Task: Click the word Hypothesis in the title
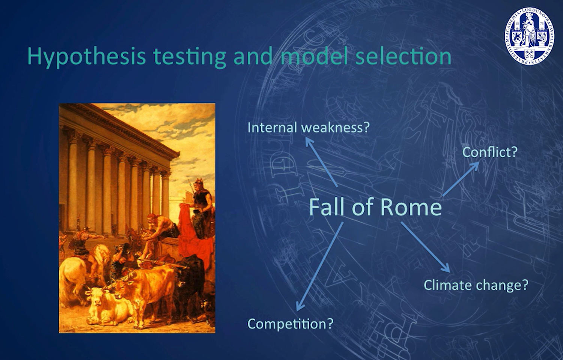point(87,57)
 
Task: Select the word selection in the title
point(403,56)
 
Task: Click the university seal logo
point(529,36)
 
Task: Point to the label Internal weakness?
point(309,127)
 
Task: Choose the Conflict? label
point(490,152)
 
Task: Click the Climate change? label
point(476,285)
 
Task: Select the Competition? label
point(290,324)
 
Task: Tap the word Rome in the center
point(411,207)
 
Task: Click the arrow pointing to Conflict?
point(461,179)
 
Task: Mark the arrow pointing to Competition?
point(319,267)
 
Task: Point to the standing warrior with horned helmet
point(201,206)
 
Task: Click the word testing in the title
point(190,57)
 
